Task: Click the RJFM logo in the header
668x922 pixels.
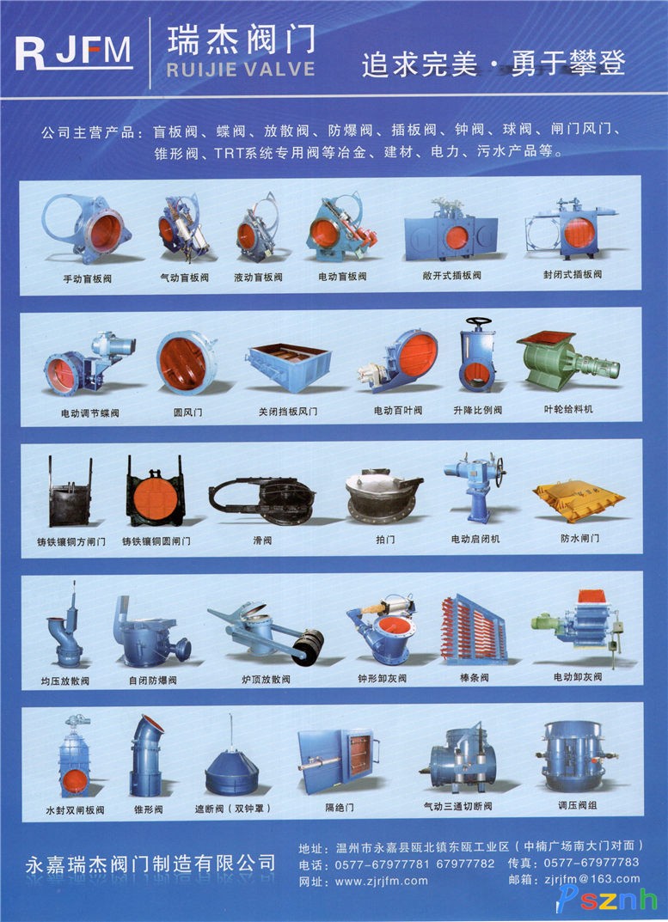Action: coord(73,53)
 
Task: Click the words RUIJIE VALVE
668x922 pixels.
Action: coord(241,70)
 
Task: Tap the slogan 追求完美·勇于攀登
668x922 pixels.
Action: coord(493,63)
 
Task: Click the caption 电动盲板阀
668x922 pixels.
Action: coord(342,277)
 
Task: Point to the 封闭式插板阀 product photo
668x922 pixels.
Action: coord(570,230)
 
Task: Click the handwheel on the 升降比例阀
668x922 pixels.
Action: coord(479,322)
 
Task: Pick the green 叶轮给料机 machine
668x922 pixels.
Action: coord(567,360)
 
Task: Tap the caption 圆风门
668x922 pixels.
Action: coord(187,412)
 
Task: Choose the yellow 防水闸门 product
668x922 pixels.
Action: coord(579,500)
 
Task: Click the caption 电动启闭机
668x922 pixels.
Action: coord(475,539)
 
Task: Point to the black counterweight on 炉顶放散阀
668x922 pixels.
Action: coord(309,647)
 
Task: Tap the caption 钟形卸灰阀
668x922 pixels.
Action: coord(382,678)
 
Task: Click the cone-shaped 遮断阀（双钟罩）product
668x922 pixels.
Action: coord(231,770)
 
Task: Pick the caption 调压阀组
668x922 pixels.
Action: coord(577,805)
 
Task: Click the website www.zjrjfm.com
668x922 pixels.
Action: coord(382,881)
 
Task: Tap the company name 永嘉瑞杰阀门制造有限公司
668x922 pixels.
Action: coord(150,864)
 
